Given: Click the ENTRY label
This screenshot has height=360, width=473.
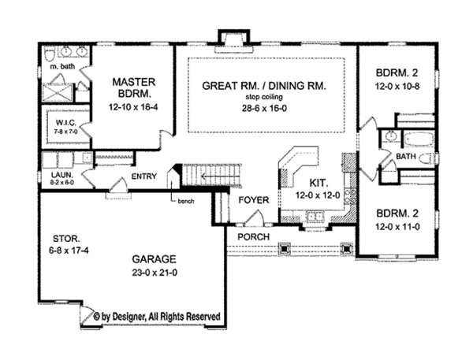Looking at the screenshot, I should coord(145,176).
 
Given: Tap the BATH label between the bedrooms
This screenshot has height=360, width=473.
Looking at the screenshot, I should coord(405,158).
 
